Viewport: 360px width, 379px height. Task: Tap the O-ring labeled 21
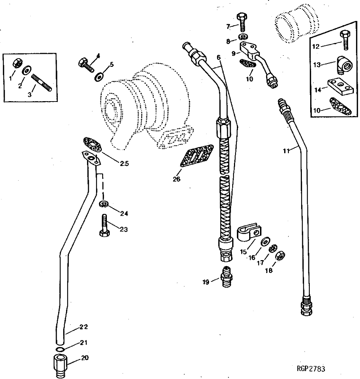point(61,349)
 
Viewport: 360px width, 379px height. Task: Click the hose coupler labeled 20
point(61,364)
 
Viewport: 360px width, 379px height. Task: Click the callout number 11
point(286,152)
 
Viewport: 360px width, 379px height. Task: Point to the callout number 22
point(83,327)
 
